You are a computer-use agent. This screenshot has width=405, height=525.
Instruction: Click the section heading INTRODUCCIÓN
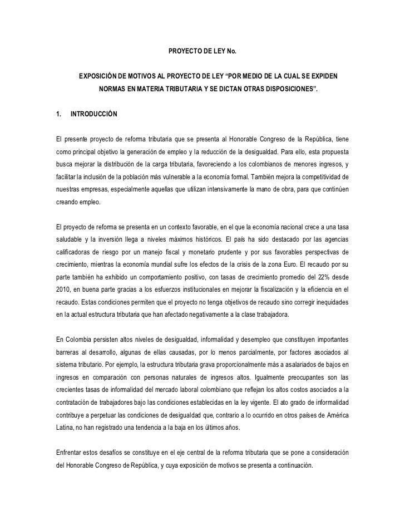(x=93, y=114)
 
